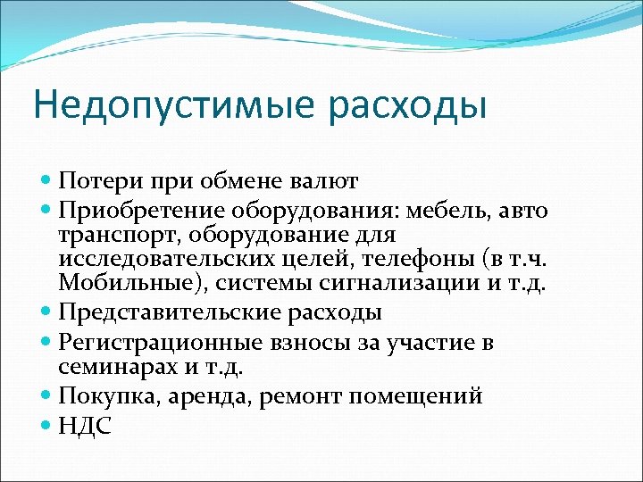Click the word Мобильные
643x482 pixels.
click(117, 285)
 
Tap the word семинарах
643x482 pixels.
click(111, 367)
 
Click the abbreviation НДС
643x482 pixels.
click(85, 425)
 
